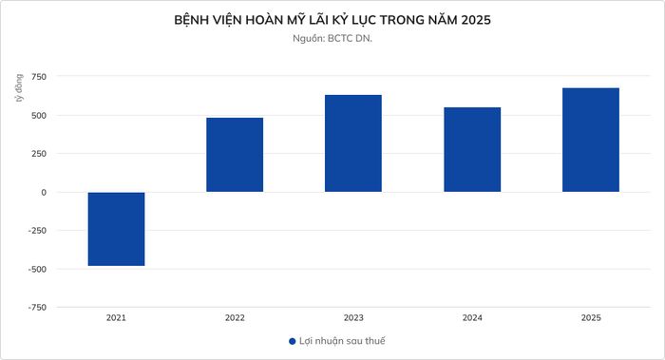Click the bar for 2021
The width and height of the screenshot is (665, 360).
116,229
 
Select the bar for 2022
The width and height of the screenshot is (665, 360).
235,155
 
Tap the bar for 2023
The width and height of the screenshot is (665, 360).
353,143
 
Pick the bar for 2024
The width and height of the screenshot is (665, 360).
472,150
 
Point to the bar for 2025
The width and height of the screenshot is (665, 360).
591,140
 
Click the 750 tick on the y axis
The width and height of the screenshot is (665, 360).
39,77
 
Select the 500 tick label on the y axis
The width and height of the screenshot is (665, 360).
39,115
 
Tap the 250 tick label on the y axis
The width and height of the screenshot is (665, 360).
39,154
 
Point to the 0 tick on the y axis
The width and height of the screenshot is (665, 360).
44,192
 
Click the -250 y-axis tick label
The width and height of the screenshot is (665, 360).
37,231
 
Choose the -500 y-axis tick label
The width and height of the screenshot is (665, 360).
37,269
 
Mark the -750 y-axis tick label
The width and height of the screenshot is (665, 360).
37,308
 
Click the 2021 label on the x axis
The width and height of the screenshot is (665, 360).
116,317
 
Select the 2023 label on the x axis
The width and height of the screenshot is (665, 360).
353,317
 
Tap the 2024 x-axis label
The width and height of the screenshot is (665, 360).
472,317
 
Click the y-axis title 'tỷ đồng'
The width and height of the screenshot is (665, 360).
19,88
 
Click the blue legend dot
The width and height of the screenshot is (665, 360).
293,341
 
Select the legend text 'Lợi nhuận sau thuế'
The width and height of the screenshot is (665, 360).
342,341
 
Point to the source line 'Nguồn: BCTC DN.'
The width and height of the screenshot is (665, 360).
332,38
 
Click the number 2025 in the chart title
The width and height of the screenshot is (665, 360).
476,20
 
